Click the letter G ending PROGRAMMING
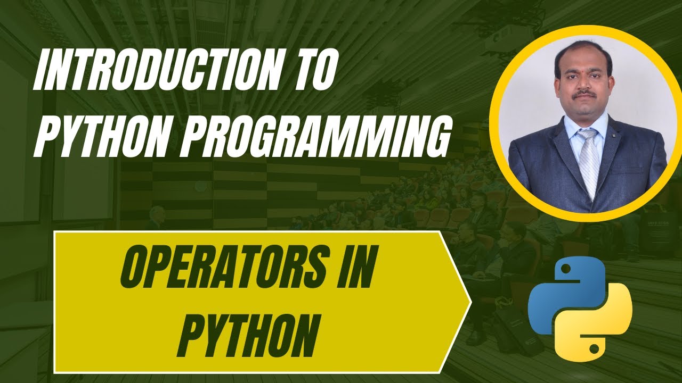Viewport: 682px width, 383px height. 432,136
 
